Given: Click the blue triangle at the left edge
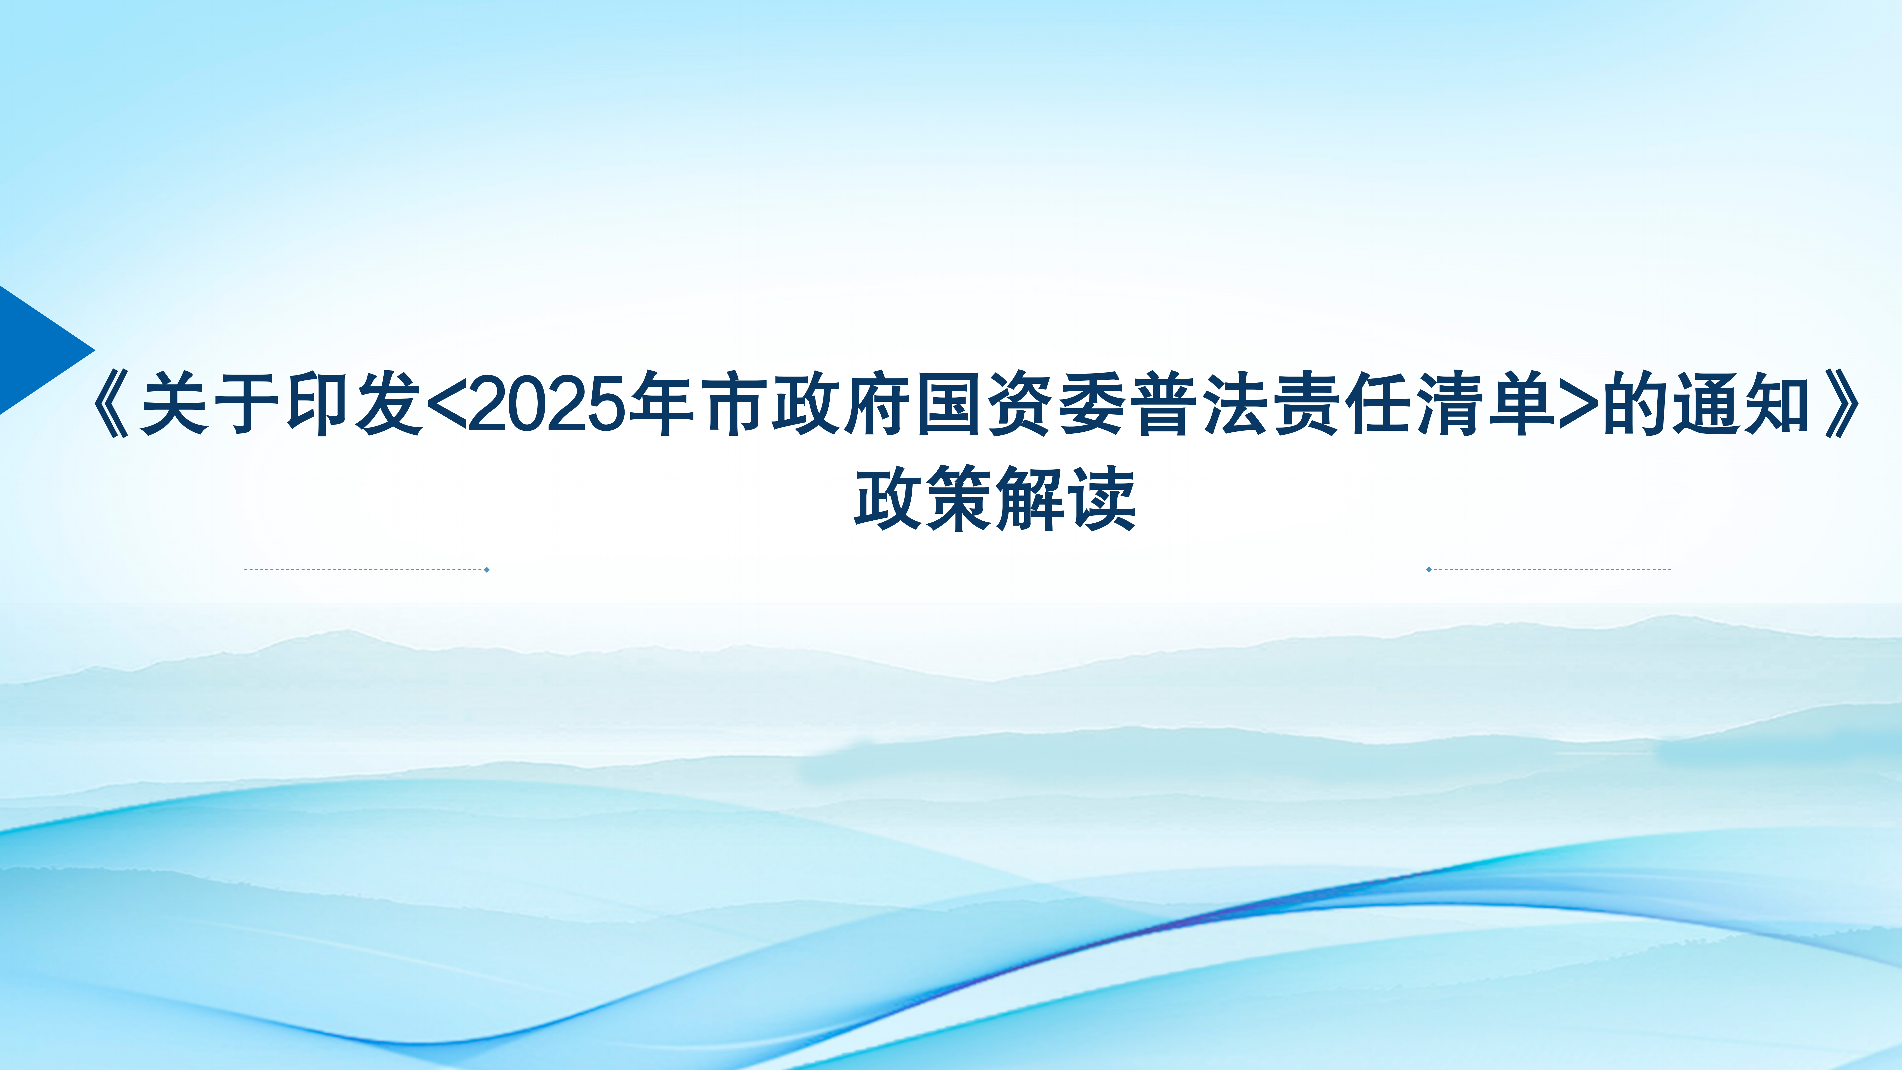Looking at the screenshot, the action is pyautogui.click(x=37, y=349).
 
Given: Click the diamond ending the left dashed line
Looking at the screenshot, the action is pyautogui.click(x=487, y=569).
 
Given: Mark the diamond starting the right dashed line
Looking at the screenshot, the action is pyautogui.click(x=1429, y=569).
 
